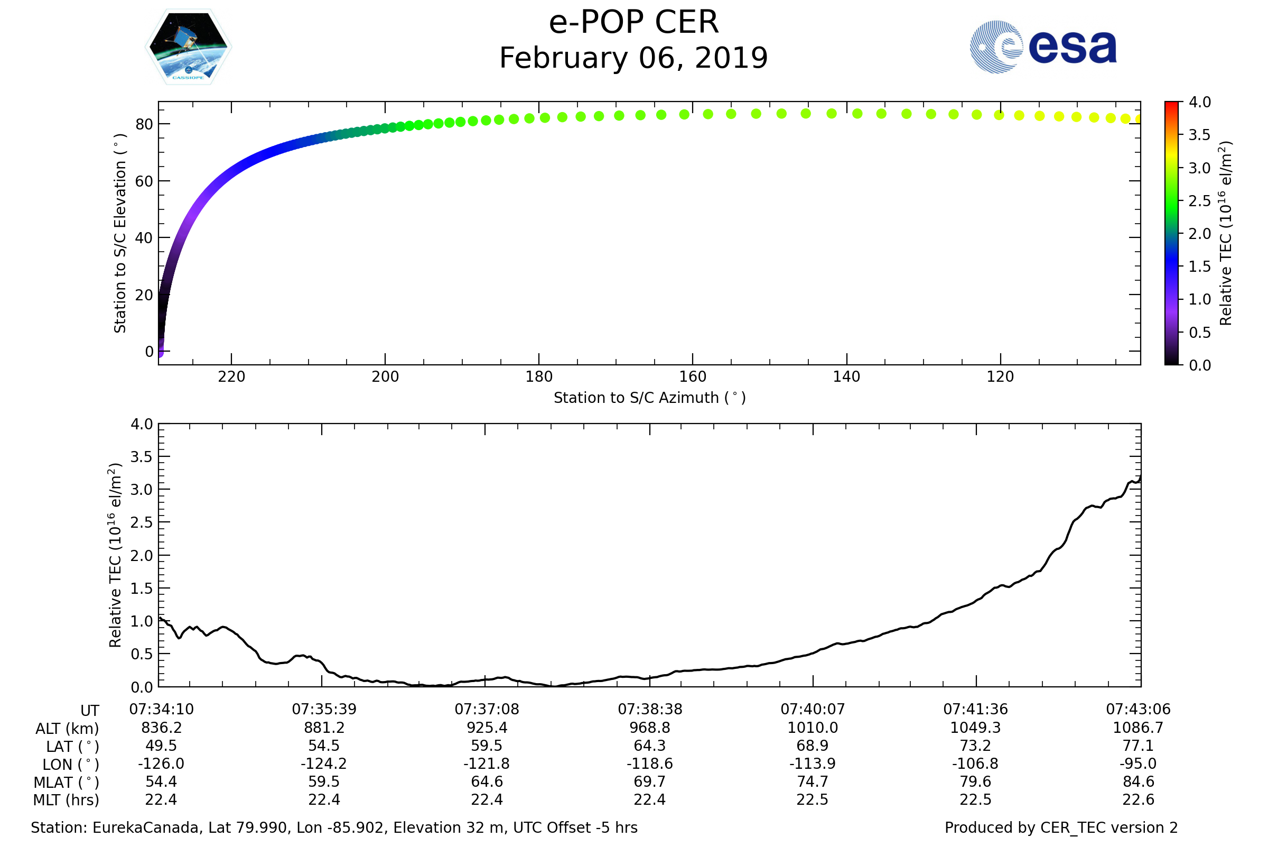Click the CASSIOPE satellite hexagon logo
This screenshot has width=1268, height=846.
tap(189, 47)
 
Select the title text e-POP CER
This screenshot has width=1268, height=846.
tap(633, 23)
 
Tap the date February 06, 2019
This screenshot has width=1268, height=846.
tap(633, 58)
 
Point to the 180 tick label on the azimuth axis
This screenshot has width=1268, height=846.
tap(539, 377)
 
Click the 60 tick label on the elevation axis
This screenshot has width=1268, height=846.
tap(144, 181)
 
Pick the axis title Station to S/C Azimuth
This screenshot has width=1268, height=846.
tap(650, 398)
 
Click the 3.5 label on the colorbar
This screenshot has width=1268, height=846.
tap(1199, 135)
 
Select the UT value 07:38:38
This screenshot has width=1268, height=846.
tap(650, 710)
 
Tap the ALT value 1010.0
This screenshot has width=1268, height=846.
tap(813, 728)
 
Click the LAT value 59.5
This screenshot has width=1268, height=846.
tap(487, 746)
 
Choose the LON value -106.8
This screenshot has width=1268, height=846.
tap(975, 764)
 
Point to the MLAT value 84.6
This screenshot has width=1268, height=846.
tap(1138, 782)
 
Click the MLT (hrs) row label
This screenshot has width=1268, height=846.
tap(67, 800)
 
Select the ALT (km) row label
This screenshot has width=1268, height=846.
tap(68, 729)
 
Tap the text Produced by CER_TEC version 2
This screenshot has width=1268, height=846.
tap(1061, 827)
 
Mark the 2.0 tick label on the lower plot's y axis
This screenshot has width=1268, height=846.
tap(142, 555)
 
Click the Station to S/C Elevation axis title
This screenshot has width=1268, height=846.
tap(120, 233)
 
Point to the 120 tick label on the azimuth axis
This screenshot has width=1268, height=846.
tap(1001, 377)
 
